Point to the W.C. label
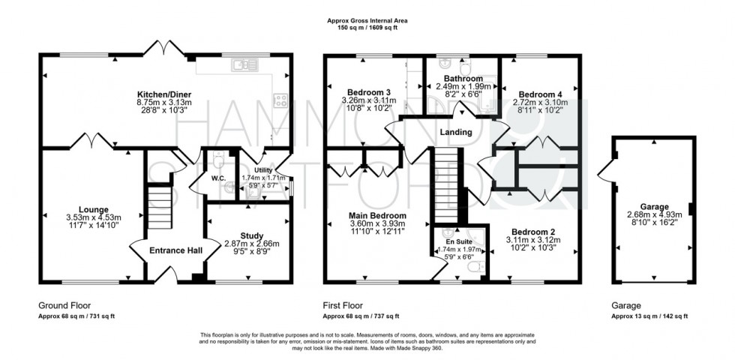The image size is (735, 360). tap(218, 178)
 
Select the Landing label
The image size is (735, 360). tap(456, 132)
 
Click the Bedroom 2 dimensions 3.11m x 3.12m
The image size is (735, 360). tap(533, 240)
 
